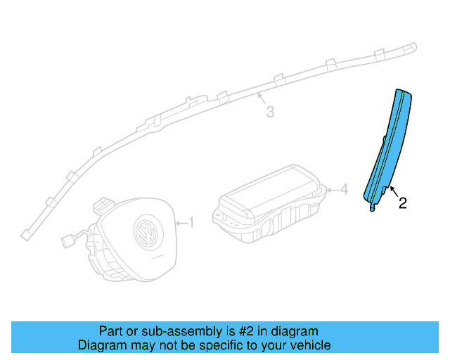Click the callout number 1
coord(190,223)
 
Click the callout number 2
coord(402,204)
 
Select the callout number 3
coord(269,112)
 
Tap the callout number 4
coord(343,189)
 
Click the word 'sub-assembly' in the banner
coord(167,331)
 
